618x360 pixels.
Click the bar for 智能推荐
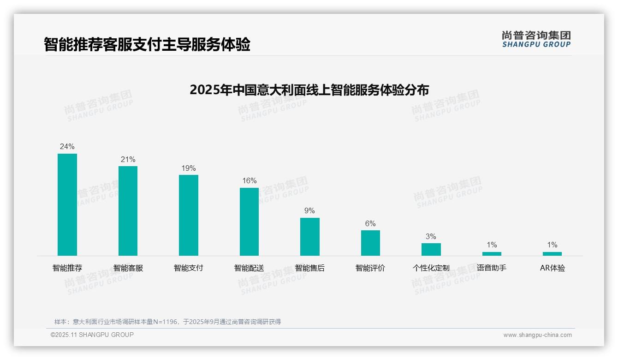click(x=67, y=204)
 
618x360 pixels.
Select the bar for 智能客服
click(x=128, y=211)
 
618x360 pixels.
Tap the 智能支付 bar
click(x=189, y=215)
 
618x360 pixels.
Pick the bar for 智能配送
click(x=249, y=222)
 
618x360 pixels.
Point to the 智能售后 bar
click(x=310, y=237)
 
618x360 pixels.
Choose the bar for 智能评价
click(x=370, y=243)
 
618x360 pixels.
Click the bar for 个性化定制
click(x=431, y=249)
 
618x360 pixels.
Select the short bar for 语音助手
click(x=492, y=254)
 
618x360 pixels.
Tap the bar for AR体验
click(x=552, y=254)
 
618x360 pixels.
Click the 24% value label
click(x=67, y=147)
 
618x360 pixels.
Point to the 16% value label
click(x=250, y=181)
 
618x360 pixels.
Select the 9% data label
click(x=309, y=211)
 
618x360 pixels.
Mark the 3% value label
click(x=431, y=237)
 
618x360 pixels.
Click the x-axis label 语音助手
click(x=492, y=268)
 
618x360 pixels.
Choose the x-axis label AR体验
click(x=552, y=268)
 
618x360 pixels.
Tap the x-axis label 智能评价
click(x=370, y=268)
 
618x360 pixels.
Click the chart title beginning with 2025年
click(x=309, y=90)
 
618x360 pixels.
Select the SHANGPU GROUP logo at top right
click(x=536, y=39)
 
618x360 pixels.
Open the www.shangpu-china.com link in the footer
click(x=537, y=335)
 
